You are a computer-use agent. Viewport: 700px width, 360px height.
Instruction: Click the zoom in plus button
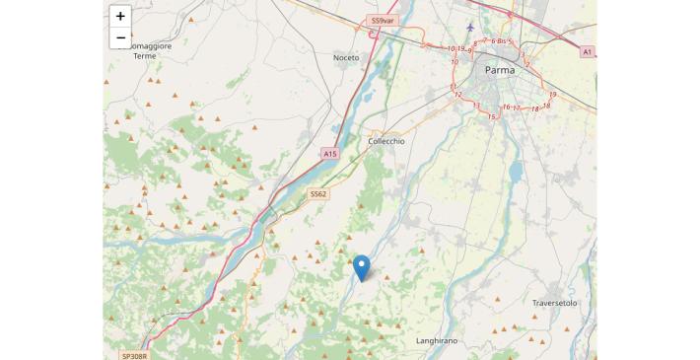coord(120,16)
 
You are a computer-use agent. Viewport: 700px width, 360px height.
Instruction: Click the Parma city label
coord(501,70)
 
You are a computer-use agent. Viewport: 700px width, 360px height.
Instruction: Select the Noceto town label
coord(346,57)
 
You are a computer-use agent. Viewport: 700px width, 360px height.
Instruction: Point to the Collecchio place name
coord(385,141)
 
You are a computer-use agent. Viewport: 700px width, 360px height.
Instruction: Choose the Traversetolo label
coord(554,303)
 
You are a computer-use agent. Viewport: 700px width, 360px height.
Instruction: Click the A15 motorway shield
coord(329,154)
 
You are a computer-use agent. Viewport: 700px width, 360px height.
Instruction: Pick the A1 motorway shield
coord(588,51)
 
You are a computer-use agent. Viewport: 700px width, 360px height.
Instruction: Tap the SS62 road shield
coord(317,194)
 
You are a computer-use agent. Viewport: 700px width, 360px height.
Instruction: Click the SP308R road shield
coord(133,355)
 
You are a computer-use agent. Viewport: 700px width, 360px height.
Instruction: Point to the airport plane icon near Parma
coord(470,27)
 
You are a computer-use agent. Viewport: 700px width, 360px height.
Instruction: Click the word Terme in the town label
coord(145,56)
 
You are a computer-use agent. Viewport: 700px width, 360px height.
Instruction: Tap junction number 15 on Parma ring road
coord(492,116)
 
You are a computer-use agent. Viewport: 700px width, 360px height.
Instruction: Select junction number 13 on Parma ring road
coord(476,105)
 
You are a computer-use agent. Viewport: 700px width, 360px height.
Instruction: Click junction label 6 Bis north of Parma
coord(499,41)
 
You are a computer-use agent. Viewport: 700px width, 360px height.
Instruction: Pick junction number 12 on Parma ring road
coord(457,95)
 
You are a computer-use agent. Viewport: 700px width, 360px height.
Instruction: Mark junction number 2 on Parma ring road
coord(527,64)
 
